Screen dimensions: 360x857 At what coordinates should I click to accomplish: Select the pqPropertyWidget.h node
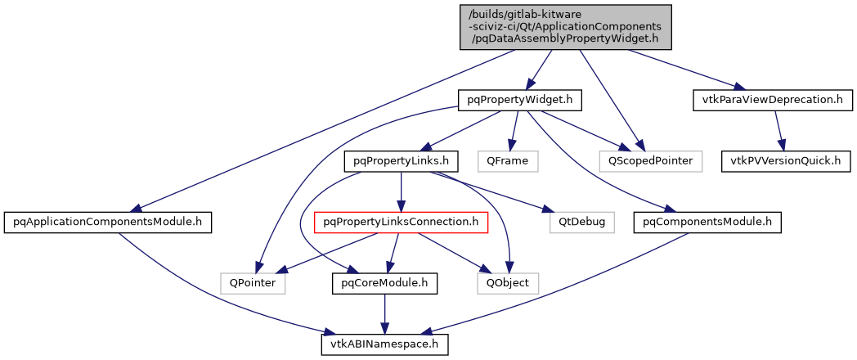click(518, 101)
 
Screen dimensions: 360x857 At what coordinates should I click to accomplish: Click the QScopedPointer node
click(650, 160)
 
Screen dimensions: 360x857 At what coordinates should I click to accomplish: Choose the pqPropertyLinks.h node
click(401, 160)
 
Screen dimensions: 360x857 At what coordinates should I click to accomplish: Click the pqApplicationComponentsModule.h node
click(108, 221)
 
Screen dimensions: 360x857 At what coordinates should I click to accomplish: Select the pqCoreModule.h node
click(384, 283)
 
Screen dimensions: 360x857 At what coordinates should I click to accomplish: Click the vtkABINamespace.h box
click(384, 344)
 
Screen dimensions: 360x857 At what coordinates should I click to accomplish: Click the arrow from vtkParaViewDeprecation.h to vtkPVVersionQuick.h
click(778, 131)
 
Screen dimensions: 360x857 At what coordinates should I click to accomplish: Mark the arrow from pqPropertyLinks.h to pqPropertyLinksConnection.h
click(401, 191)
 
